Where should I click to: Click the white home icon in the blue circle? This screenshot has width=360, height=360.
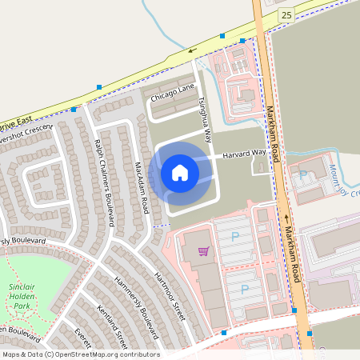click(180, 173)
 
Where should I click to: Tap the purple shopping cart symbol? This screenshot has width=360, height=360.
click(204, 251)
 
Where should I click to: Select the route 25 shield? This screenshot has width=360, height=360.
click(286, 15)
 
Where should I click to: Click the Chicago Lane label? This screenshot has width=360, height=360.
click(173, 100)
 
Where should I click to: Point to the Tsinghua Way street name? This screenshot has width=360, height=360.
click(205, 114)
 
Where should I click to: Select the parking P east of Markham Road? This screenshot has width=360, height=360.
click(303, 174)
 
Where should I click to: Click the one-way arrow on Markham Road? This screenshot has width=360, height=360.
click(286, 217)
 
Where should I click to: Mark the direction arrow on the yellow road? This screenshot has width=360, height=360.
click(192, 51)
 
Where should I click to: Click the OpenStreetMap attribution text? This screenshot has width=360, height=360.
click(80, 354)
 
